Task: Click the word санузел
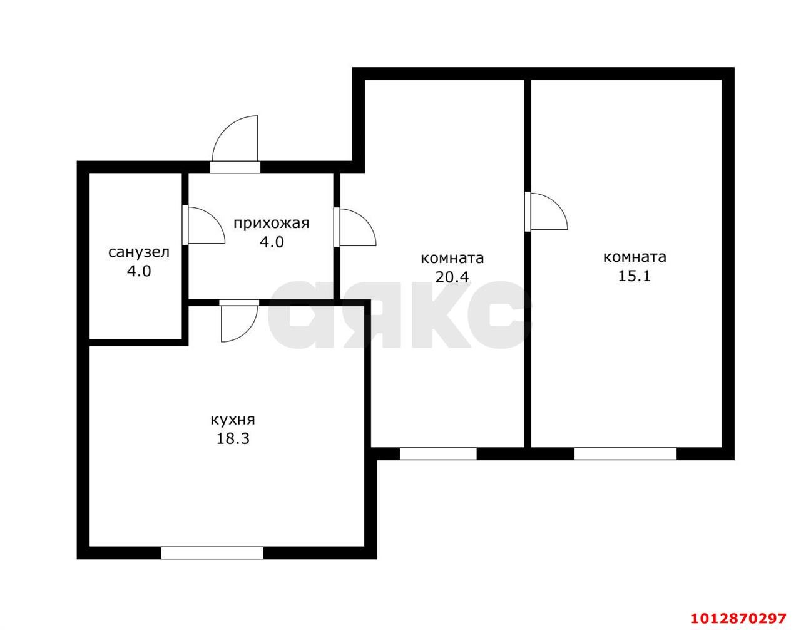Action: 139,252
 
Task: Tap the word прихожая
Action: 272,224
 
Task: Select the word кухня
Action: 233,420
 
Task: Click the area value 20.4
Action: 452,277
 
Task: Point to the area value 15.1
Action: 634,276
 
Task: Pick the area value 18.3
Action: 233,439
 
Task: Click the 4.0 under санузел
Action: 139,271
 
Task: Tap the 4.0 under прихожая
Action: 272,242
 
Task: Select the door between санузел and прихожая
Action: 203,225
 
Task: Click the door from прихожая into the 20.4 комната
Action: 355,227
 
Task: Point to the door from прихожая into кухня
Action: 239,321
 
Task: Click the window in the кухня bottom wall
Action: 212,553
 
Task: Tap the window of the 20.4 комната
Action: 438,453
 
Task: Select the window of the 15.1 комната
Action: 626,453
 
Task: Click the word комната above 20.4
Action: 452,258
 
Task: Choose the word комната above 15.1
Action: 635,257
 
